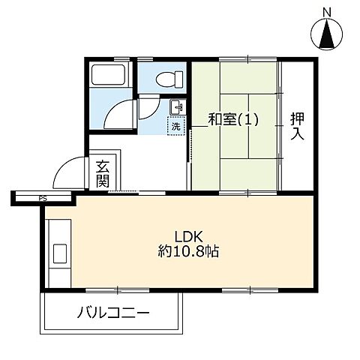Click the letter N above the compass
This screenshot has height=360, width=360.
[x=326, y=11]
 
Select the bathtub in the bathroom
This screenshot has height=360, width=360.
[x=109, y=76]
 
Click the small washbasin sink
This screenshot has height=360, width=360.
[x=175, y=106]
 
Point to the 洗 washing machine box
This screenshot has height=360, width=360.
[x=175, y=126]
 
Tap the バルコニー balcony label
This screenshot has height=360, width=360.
[x=113, y=313]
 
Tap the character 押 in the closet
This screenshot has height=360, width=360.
[x=298, y=118]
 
